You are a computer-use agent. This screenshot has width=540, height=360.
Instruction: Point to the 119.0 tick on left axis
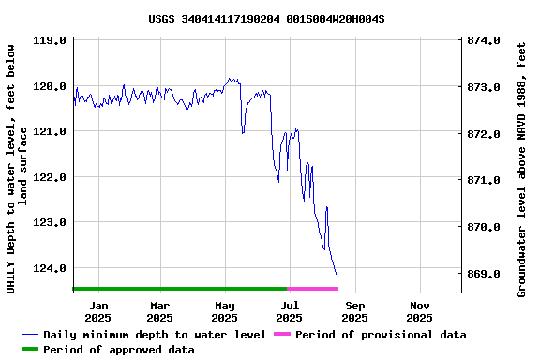50,41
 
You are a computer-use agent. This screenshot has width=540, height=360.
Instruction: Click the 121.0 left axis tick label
50,132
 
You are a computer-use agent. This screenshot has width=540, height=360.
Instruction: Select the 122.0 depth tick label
50,177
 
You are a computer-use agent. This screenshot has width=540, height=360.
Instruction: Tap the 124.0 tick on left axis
50,268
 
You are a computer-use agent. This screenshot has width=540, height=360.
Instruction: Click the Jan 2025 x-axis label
97,311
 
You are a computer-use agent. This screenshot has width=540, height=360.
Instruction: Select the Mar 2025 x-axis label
160,311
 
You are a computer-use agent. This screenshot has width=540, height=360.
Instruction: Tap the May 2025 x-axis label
225,311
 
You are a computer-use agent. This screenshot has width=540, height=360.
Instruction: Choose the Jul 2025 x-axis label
290,311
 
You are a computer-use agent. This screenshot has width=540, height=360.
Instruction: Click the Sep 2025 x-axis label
355,311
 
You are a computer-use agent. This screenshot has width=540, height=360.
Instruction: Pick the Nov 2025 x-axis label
420,311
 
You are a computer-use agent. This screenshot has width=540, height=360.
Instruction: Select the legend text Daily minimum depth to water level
155,335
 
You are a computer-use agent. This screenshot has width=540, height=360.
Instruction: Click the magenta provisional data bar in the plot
312,289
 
